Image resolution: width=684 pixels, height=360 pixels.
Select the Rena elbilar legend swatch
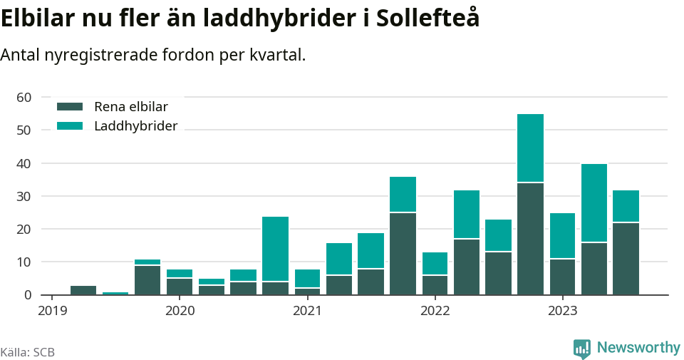point(71,107)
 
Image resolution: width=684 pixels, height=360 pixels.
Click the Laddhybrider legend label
point(135,126)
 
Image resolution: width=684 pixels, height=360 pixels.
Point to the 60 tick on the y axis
point(24,97)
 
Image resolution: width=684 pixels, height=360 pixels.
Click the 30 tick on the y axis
point(24,196)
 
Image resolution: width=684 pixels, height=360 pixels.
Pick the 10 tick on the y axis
point(24,262)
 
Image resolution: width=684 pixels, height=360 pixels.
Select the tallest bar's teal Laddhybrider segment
point(530,148)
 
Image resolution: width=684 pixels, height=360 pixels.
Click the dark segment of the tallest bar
point(530,239)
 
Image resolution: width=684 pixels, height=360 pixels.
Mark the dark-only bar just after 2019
point(83,290)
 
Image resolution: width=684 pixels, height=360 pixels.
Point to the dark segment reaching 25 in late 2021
point(403,254)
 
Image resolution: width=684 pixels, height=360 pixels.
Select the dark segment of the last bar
point(626,259)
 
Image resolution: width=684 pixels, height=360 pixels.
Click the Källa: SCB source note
point(28,352)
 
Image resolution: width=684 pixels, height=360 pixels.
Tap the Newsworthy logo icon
point(582,348)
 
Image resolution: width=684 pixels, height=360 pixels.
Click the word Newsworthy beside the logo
point(638,348)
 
